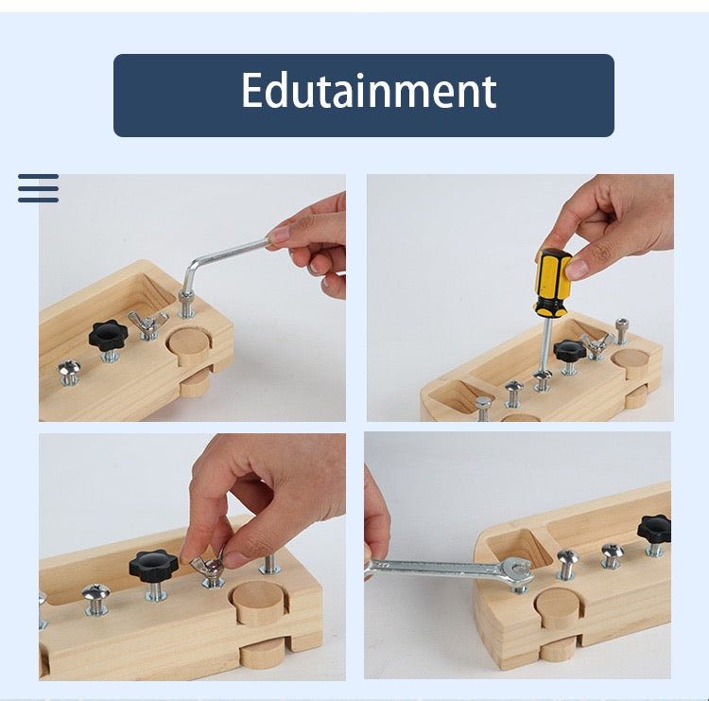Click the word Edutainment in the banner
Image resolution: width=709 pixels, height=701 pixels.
tap(368, 92)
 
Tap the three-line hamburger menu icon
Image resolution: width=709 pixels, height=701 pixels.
tap(38, 188)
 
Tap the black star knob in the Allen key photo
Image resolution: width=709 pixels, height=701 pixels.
tap(108, 334)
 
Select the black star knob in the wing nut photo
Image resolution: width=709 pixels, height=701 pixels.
tap(153, 567)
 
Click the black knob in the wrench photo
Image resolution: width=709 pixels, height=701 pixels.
tap(655, 528)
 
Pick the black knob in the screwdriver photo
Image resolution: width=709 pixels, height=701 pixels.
tap(570, 350)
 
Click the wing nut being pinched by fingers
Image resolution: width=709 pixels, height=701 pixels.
tap(210, 569)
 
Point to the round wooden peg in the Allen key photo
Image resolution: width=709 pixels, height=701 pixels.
tap(193, 346)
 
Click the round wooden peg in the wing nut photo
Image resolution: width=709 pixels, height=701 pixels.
tap(260, 602)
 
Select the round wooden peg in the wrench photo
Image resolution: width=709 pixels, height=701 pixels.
tap(558, 605)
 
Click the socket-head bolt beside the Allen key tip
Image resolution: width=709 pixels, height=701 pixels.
tap(187, 305)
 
